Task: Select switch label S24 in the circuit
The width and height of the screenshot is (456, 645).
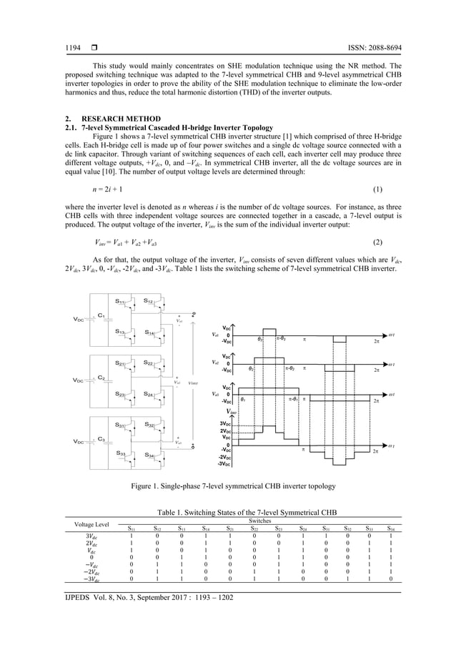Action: [x=149, y=394]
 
